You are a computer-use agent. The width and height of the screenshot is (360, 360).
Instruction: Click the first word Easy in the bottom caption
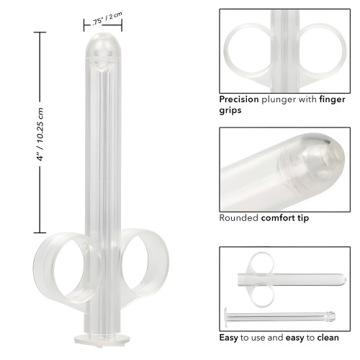pos(230,336)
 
